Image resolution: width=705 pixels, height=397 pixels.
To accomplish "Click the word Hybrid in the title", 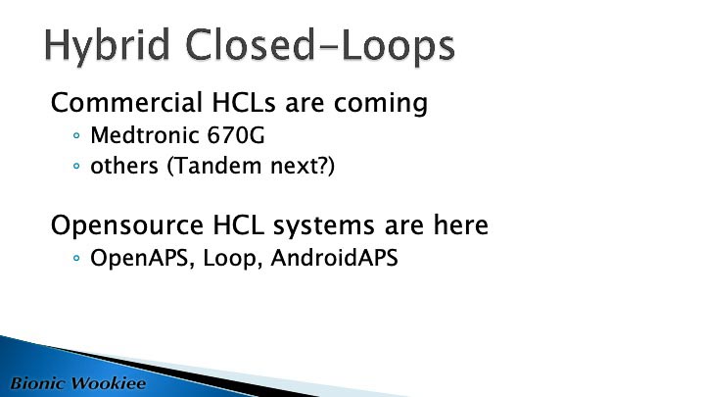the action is (x=107, y=46).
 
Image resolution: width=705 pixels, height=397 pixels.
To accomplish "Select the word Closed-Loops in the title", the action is (x=320, y=45).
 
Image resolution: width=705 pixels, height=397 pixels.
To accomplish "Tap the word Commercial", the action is (x=126, y=103).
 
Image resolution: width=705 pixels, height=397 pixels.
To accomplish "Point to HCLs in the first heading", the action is (x=243, y=103).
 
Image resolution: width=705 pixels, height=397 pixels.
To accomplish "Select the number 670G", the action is (x=236, y=135).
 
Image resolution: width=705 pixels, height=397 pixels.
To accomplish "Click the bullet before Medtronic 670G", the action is (x=76, y=135).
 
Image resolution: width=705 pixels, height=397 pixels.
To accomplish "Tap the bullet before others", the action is (x=76, y=166).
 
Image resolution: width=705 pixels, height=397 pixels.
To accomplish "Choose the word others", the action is (x=124, y=166).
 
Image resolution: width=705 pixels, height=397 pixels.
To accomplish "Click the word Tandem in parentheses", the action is (x=214, y=166).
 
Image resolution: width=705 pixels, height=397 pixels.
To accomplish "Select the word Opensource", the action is (x=127, y=226).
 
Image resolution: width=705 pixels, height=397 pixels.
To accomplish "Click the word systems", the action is (x=324, y=226).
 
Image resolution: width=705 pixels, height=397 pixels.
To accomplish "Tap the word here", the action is (x=461, y=225).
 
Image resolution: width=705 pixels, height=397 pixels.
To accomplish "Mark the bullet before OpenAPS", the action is (x=76, y=259).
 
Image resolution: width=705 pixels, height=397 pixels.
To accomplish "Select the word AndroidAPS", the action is (x=335, y=258).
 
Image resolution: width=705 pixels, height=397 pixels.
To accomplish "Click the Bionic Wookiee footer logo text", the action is (x=78, y=383).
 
